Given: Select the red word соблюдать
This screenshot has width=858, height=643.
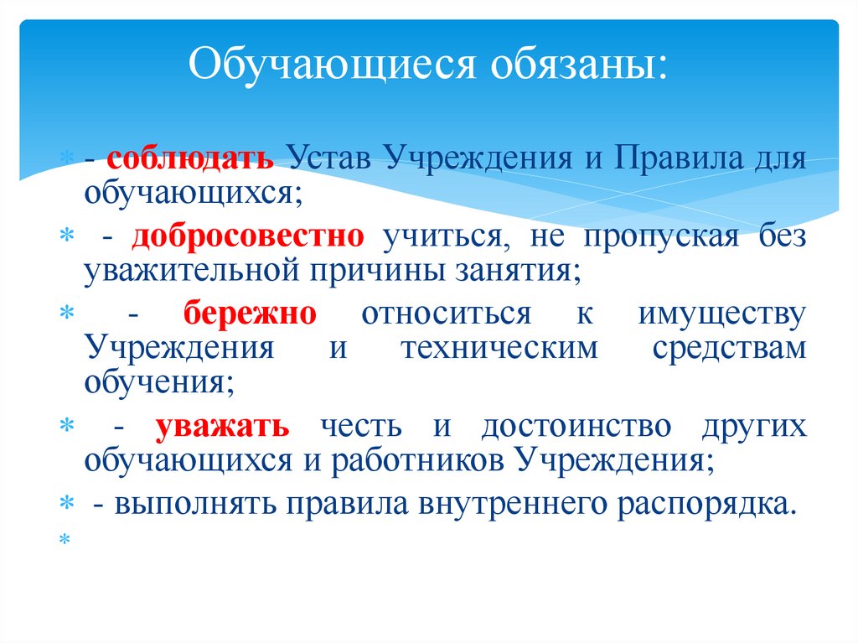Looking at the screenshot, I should [201, 158].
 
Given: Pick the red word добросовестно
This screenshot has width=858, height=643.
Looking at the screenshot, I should [248, 237].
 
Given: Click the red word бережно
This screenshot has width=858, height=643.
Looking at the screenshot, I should [251, 315].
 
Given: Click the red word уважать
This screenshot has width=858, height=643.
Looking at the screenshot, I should [222, 427].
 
